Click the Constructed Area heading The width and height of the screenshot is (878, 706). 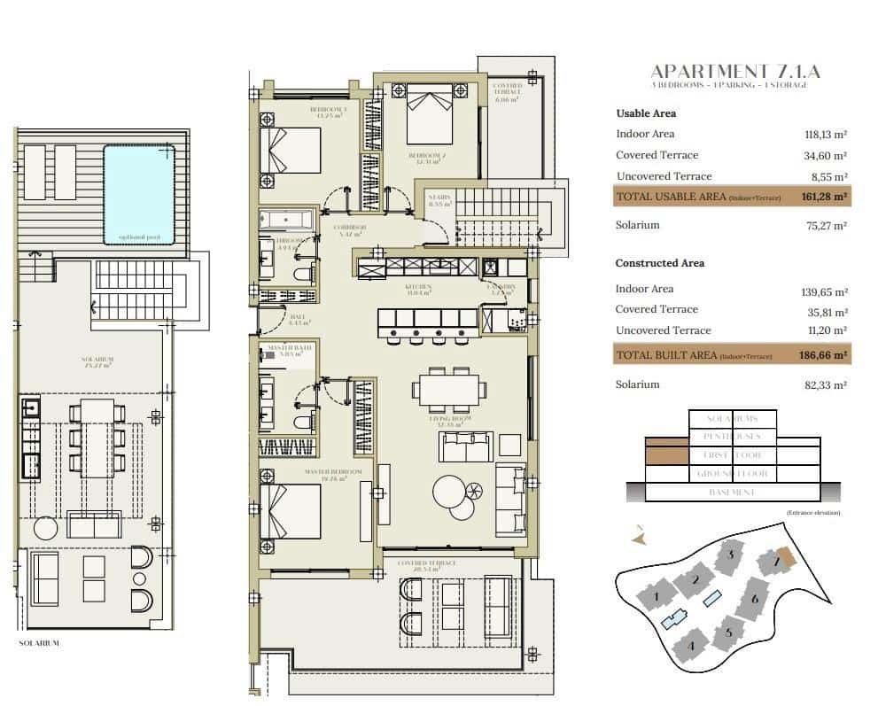(x=660, y=263)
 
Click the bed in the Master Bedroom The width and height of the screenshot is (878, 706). (x=289, y=511)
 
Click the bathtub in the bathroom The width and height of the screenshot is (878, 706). (x=286, y=219)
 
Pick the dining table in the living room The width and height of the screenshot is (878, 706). (x=449, y=389)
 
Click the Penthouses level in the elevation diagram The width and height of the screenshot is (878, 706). (x=732, y=437)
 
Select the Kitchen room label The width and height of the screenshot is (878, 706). (x=419, y=287)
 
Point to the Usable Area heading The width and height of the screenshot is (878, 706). (x=646, y=113)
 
